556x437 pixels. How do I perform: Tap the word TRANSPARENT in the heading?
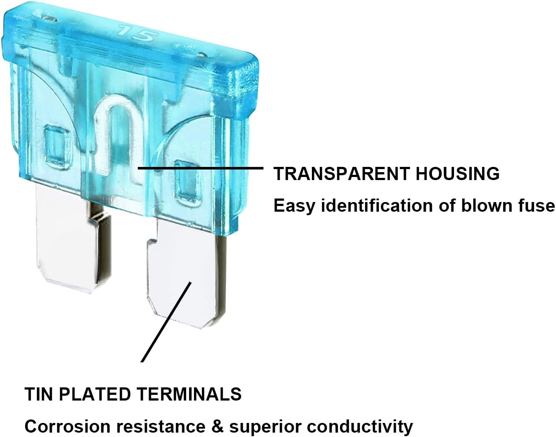341,173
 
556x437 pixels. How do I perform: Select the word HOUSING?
457,173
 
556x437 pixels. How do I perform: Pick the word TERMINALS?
189,394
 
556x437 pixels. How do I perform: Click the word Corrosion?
68,426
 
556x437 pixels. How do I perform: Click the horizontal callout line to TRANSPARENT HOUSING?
201,168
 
